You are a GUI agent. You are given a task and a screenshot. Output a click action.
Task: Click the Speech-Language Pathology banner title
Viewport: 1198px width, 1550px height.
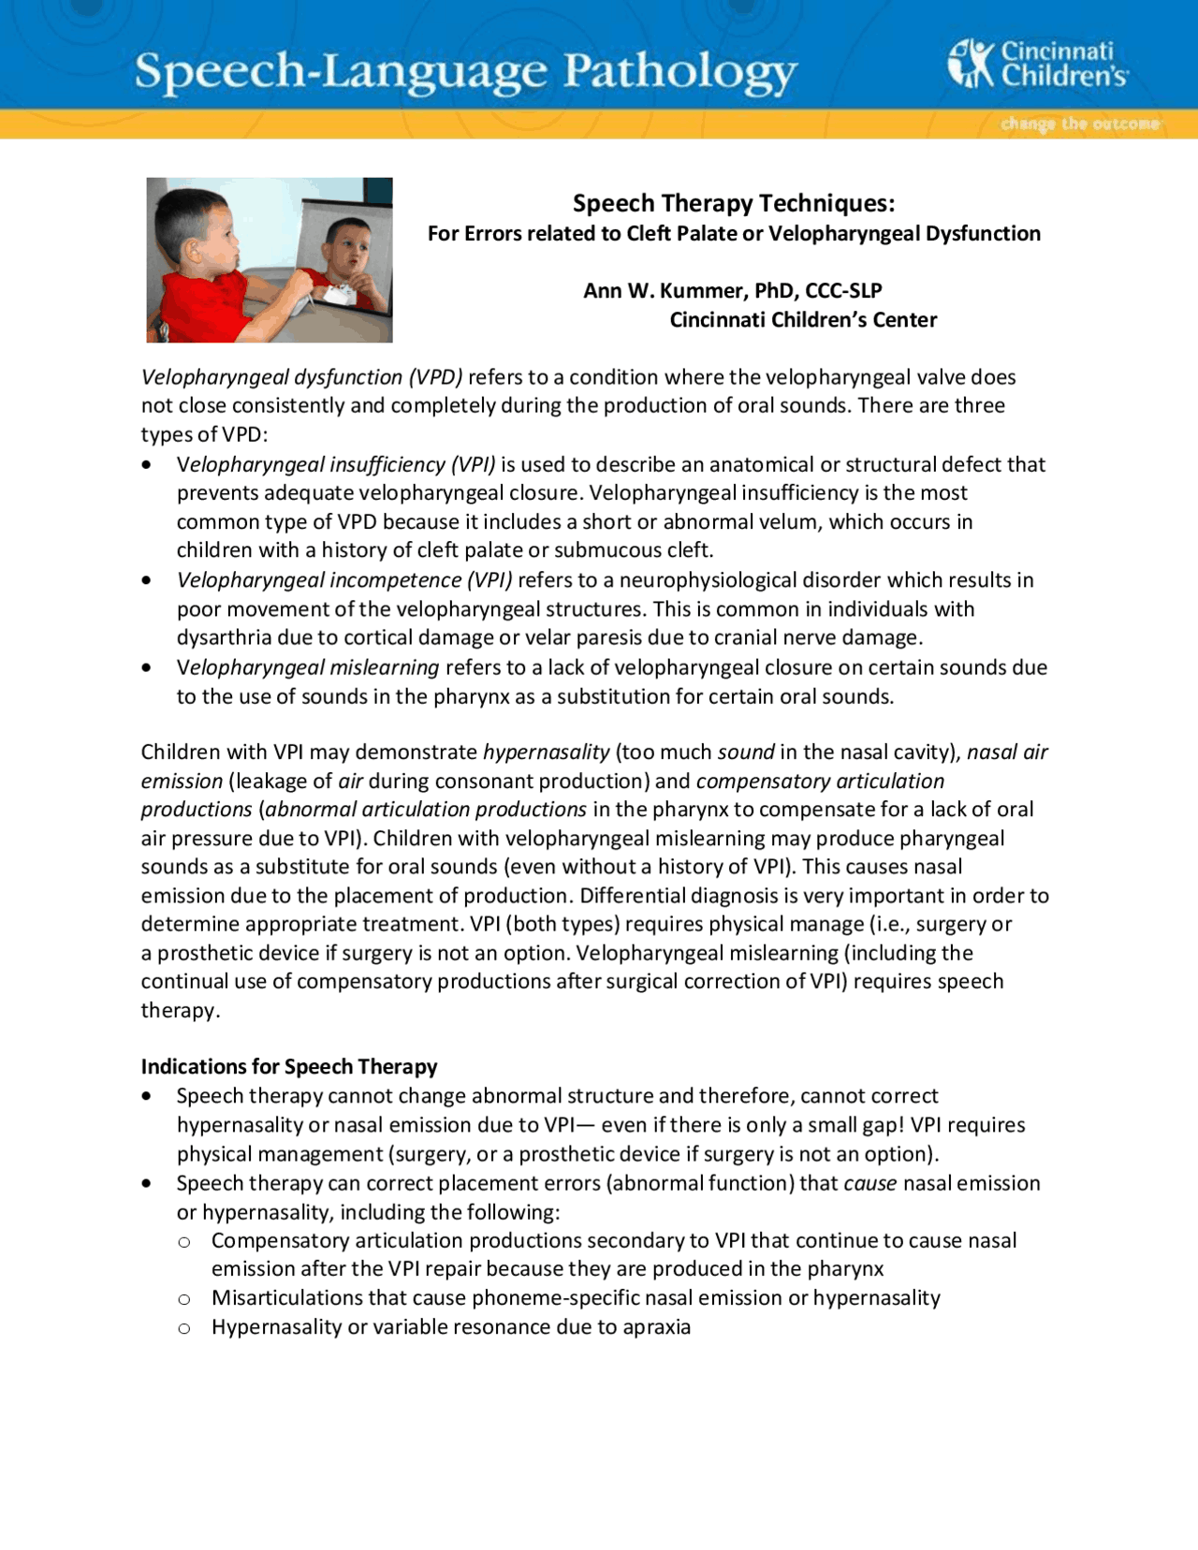click(465, 72)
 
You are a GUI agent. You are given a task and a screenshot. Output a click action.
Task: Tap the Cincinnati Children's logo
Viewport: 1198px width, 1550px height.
click(1037, 64)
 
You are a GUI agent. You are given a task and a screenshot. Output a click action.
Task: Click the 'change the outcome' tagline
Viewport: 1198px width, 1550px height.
click(1079, 124)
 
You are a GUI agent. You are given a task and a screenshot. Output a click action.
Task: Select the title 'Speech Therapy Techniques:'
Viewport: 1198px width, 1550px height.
click(733, 203)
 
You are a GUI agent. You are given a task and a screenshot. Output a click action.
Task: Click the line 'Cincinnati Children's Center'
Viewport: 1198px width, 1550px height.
click(802, 320)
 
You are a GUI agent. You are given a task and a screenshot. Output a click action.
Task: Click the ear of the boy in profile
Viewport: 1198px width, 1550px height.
click(195, 248)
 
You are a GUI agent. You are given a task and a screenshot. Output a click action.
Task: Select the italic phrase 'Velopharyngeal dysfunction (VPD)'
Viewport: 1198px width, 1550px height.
click(301, 377)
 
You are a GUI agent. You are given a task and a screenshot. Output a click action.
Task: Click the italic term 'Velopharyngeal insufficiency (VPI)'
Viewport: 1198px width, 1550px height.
click(336, 464)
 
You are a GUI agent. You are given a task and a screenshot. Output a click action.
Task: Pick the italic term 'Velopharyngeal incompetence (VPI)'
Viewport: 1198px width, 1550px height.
click(344, 580)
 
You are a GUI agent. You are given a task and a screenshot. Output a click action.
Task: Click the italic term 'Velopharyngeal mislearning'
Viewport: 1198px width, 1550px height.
click(308, 667)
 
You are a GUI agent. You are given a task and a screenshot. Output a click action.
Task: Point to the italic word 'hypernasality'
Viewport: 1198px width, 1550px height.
click(546, 753)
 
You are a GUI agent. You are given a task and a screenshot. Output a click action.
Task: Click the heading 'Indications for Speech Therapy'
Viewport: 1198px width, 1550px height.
click(289, 1067)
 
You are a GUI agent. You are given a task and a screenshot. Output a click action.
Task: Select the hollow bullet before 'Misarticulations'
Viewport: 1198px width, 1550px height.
click(184, 1299)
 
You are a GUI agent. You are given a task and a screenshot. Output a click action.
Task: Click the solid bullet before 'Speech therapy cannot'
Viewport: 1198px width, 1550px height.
click(147, 1096)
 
